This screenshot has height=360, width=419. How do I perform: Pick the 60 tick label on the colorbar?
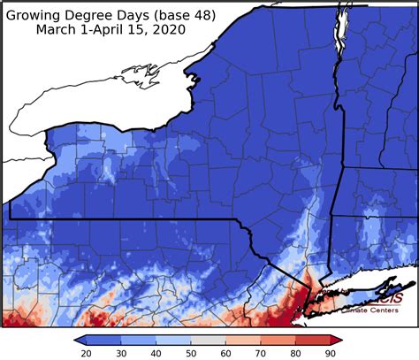tap(226, 353)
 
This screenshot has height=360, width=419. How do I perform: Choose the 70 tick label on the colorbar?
tap(260, 353)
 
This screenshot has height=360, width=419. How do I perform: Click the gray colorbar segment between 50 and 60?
tap(209, 340)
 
